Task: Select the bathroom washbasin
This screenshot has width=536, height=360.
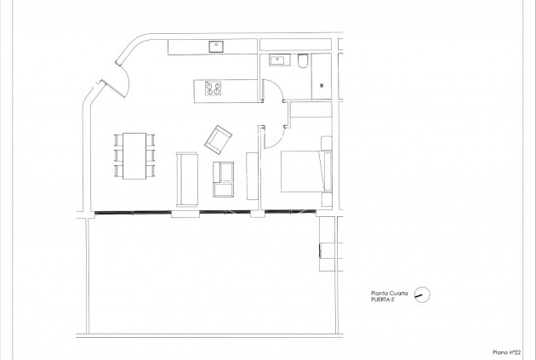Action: pos(277,60)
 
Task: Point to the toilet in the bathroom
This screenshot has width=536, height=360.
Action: pos(303,60)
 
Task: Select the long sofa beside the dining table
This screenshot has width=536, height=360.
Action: pos(186,177)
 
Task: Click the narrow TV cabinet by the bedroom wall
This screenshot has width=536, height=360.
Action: pos(252,176)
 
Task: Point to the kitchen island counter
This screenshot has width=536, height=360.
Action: pos(225,89)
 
